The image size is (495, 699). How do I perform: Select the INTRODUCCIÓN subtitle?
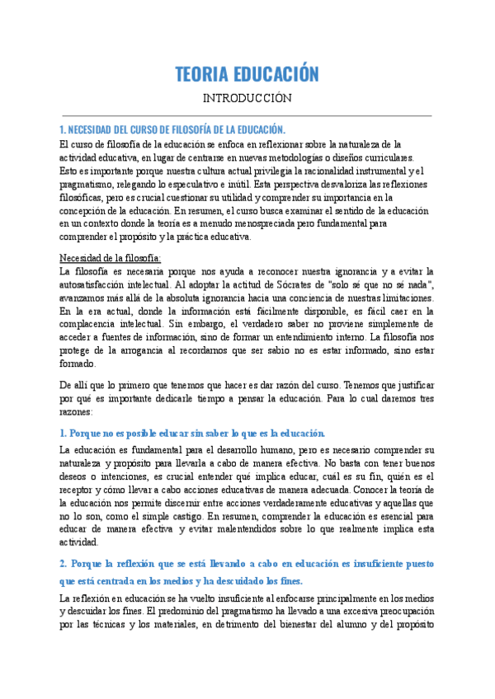click(x=247, y=98)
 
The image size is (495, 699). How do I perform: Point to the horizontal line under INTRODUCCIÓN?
click(x=247, y=115)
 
